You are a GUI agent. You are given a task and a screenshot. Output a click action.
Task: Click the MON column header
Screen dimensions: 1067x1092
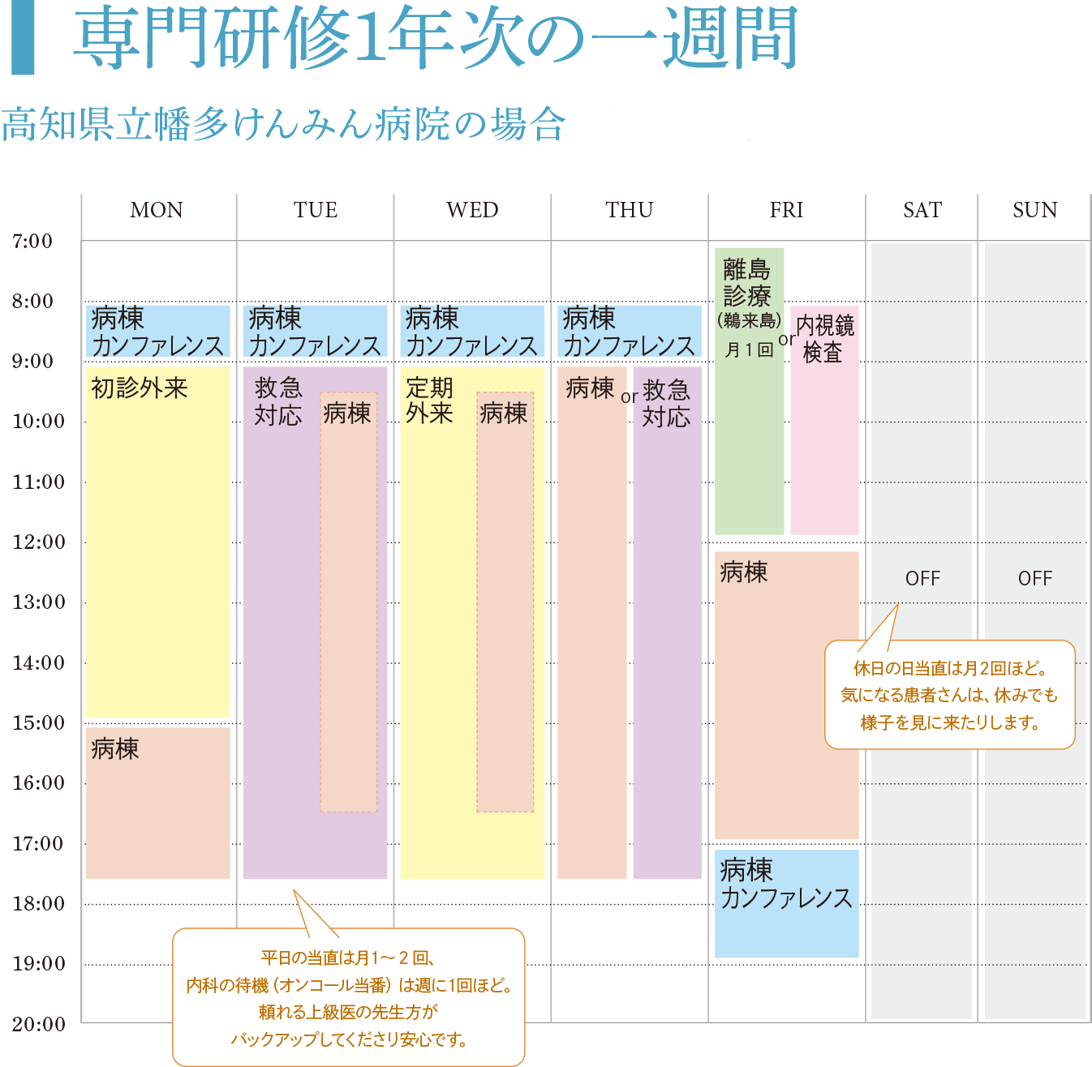157,210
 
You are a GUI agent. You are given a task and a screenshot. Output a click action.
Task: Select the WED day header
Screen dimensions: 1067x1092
472,210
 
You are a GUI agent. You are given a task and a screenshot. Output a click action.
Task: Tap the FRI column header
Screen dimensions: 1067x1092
786,210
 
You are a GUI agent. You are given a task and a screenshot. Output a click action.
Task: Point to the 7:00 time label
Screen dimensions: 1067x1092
32,241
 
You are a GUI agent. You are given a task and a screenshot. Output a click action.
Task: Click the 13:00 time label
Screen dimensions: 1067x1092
38,602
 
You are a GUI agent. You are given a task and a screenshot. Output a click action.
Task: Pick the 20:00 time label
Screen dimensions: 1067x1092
38,1024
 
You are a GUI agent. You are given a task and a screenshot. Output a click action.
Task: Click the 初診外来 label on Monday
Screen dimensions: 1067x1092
140,388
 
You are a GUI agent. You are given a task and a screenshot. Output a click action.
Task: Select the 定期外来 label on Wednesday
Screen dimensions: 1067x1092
429,401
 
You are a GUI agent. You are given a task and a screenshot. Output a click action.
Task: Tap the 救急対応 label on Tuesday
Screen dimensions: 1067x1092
277,401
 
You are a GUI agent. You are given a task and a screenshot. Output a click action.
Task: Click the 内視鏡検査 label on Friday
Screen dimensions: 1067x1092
824,339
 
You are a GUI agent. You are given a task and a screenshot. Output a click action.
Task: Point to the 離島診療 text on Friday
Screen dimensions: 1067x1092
746,281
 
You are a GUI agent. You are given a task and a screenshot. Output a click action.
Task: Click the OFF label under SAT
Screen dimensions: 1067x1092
922,578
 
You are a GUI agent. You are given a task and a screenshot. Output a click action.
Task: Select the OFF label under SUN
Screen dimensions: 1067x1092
1034,578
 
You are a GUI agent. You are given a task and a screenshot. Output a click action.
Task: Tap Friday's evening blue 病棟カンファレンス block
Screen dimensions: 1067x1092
786,902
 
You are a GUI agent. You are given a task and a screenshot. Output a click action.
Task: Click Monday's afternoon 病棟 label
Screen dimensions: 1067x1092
115,748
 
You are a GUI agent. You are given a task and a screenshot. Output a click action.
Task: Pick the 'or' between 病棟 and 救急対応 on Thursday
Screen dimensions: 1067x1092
629,397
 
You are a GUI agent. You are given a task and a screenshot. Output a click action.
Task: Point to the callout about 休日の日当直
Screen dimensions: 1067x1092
949,695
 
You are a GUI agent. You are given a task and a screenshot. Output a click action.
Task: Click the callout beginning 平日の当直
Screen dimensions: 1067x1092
349,997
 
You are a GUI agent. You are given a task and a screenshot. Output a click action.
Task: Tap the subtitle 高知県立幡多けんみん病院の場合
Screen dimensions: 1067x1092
283,125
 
